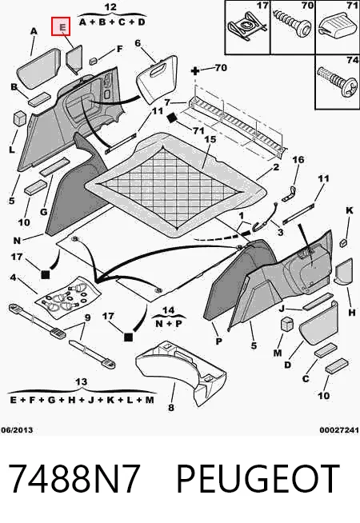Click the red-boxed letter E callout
[61, 26]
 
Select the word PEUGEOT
[258, 479]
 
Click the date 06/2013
[17, 430]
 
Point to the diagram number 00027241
[339, 430]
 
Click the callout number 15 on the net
[210, 139]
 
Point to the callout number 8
[171, 407]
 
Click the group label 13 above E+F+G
[81, 381]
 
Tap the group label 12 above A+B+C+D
[110, 6]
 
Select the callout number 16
[298, 159]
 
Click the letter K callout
[350, 210]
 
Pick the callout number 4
[13, 277]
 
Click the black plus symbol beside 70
[195, 70]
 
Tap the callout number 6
[138, 43]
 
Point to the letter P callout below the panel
[219, 341]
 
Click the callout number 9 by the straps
[87, 317]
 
